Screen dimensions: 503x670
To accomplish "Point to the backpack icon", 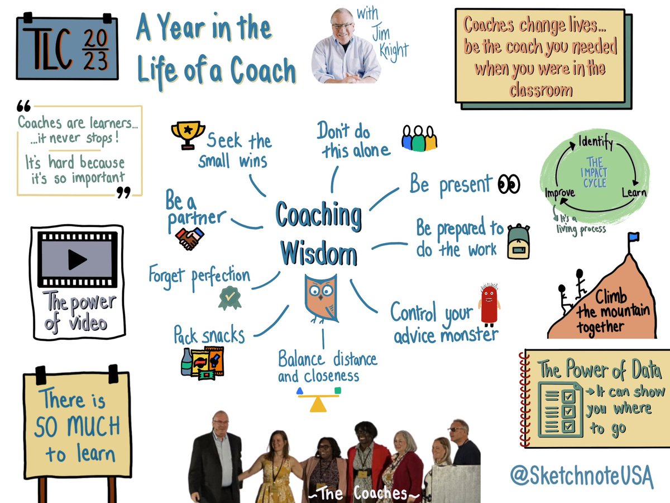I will click(519, 241).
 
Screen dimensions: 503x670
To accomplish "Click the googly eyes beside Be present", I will click(509, 183).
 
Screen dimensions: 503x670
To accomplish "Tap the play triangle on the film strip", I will click(77, 259).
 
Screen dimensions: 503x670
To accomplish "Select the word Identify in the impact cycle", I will click(595, 142).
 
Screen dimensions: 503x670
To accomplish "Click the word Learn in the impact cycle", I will click(634, 193).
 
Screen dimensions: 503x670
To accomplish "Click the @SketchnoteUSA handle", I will click(581, 476).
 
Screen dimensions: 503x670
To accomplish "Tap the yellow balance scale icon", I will click(318, 399).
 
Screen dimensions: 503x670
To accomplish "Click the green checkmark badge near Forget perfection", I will click(229, 298).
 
